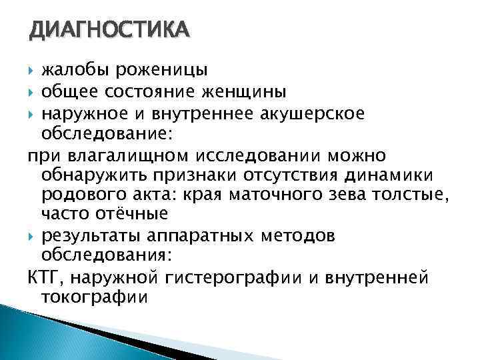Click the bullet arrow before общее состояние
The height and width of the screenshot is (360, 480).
(31, 91)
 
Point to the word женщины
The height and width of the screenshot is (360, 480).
(246, 91)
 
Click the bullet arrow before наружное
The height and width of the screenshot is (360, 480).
(31, 113)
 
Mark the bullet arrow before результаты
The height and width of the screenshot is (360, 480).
(31, 236)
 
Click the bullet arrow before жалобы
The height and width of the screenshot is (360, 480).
(31, 70)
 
